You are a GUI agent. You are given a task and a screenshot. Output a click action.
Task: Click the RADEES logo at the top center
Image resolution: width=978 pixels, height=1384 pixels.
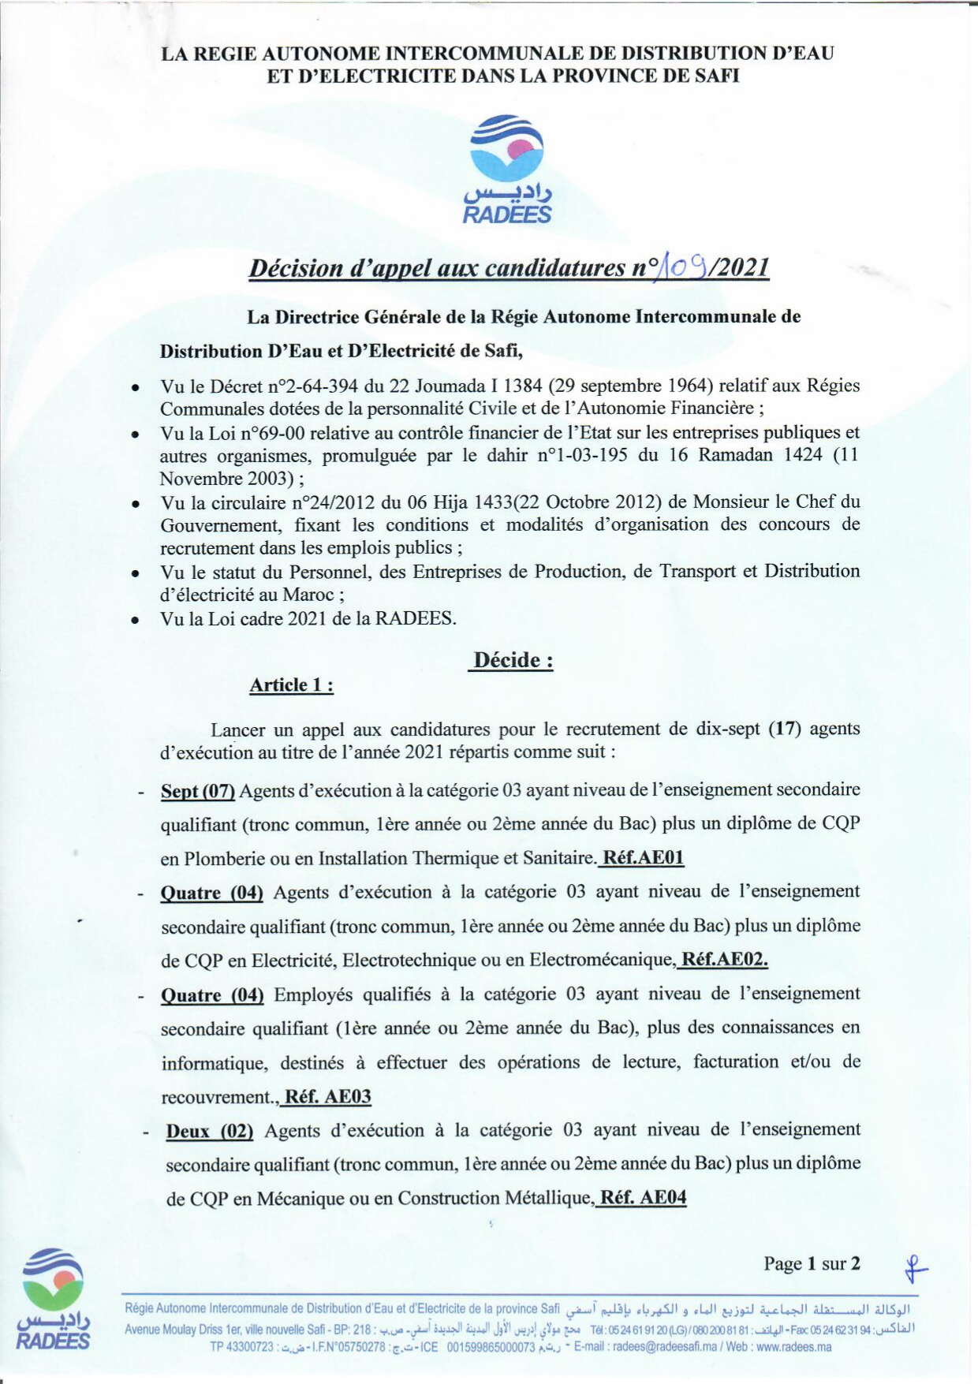click(x=507, y=169)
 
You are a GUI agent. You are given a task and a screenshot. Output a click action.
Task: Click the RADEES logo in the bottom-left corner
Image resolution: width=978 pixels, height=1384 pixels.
click(x=53, y=1298)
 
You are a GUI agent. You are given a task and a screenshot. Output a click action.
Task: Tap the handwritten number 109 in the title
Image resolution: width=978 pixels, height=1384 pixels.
click(x=678, y=267)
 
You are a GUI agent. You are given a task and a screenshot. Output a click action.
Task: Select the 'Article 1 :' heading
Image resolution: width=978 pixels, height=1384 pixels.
click(x=291, y=685)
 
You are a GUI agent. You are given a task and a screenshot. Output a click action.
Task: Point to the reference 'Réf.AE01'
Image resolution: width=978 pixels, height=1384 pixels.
click(x=643, y=858)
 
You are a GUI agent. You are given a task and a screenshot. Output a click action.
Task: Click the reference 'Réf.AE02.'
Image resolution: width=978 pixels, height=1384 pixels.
click(x=724, y=959)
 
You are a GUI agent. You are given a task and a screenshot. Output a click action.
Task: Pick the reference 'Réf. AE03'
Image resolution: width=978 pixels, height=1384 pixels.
click(x=327, y=1096)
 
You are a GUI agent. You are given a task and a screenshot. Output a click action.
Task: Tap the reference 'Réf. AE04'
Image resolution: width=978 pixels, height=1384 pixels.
click(x=643, y=1198)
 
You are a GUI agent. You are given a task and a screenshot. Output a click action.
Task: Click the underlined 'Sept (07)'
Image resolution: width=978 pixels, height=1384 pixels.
click(x=198, y=790)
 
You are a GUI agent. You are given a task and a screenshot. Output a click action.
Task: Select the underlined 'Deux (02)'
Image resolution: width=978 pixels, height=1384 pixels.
click(x=209, y=1130)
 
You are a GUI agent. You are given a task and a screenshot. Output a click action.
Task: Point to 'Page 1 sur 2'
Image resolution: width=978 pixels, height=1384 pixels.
click(x=812, y=1264)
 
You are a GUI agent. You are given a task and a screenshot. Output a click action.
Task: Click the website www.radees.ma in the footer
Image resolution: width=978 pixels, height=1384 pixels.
click(x=793, y=1347)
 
